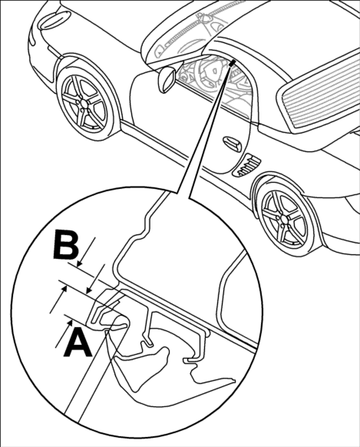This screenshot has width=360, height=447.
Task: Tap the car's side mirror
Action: [167, 80]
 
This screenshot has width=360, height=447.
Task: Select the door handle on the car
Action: [232, 144]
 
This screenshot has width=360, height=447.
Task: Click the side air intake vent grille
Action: [246, 165]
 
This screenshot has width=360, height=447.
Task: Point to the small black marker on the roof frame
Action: [232, 63]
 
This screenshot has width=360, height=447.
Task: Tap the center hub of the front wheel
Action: [83, 104]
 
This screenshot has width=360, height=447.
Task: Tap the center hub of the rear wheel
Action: [285, 219]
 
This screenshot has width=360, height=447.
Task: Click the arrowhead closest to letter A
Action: [68, 323]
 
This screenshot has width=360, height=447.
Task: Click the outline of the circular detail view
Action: [12, 313]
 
